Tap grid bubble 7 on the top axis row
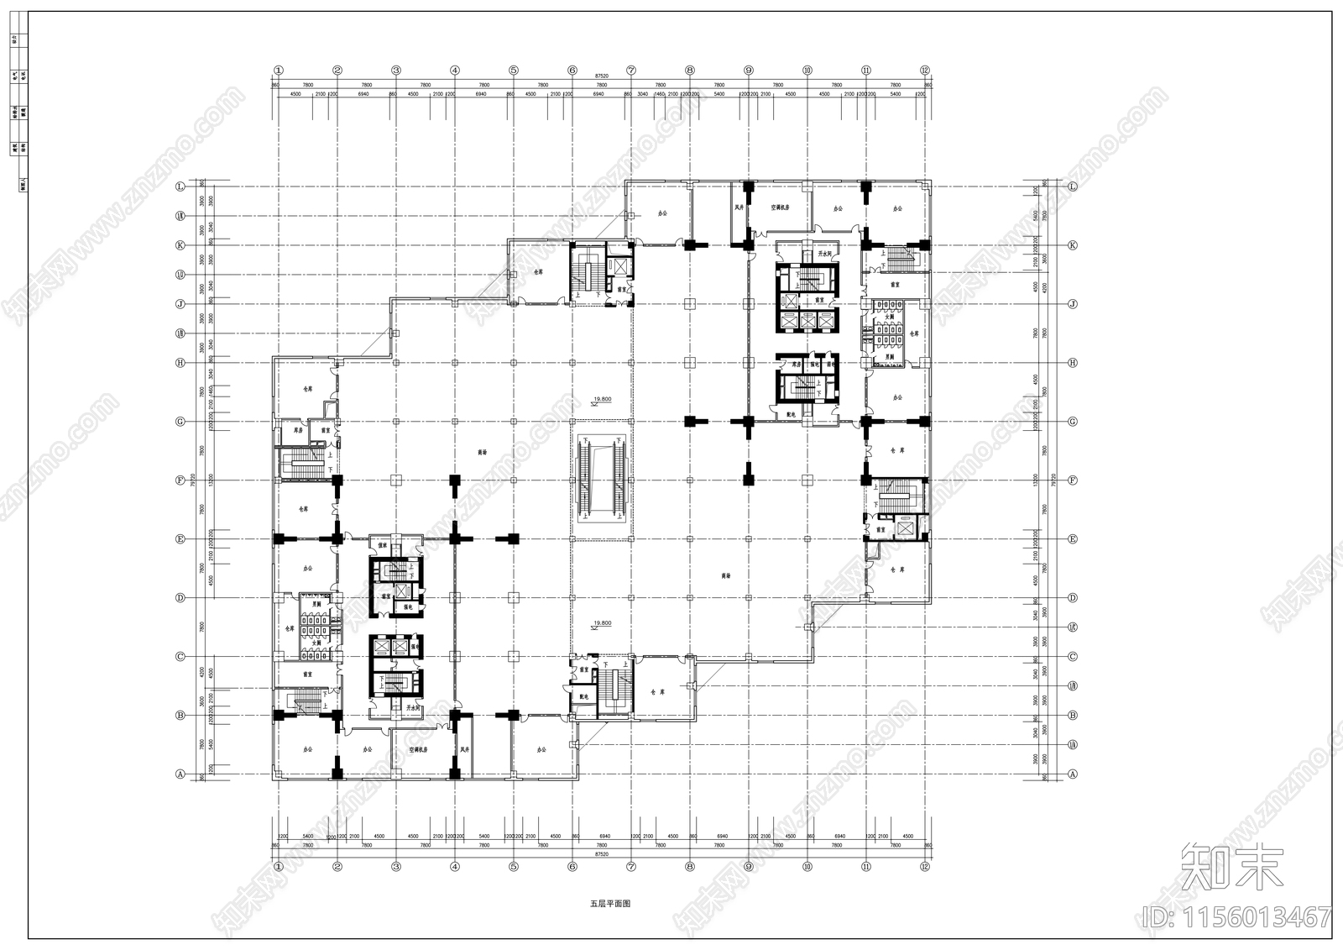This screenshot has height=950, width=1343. (630, 71)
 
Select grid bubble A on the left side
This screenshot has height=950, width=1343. (179, 774)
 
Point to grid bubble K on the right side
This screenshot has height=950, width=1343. (1072, 246)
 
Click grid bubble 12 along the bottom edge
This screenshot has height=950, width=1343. (924, 866)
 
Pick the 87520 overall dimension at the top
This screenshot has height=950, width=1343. (601, 76)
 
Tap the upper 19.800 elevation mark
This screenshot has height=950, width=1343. (601, 400)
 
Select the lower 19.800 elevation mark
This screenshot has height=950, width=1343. (601, 623)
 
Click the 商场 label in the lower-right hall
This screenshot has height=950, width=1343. (725, 576)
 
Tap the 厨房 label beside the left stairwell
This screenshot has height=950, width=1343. (297, 430)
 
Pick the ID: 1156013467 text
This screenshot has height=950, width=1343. (1234, 916)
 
